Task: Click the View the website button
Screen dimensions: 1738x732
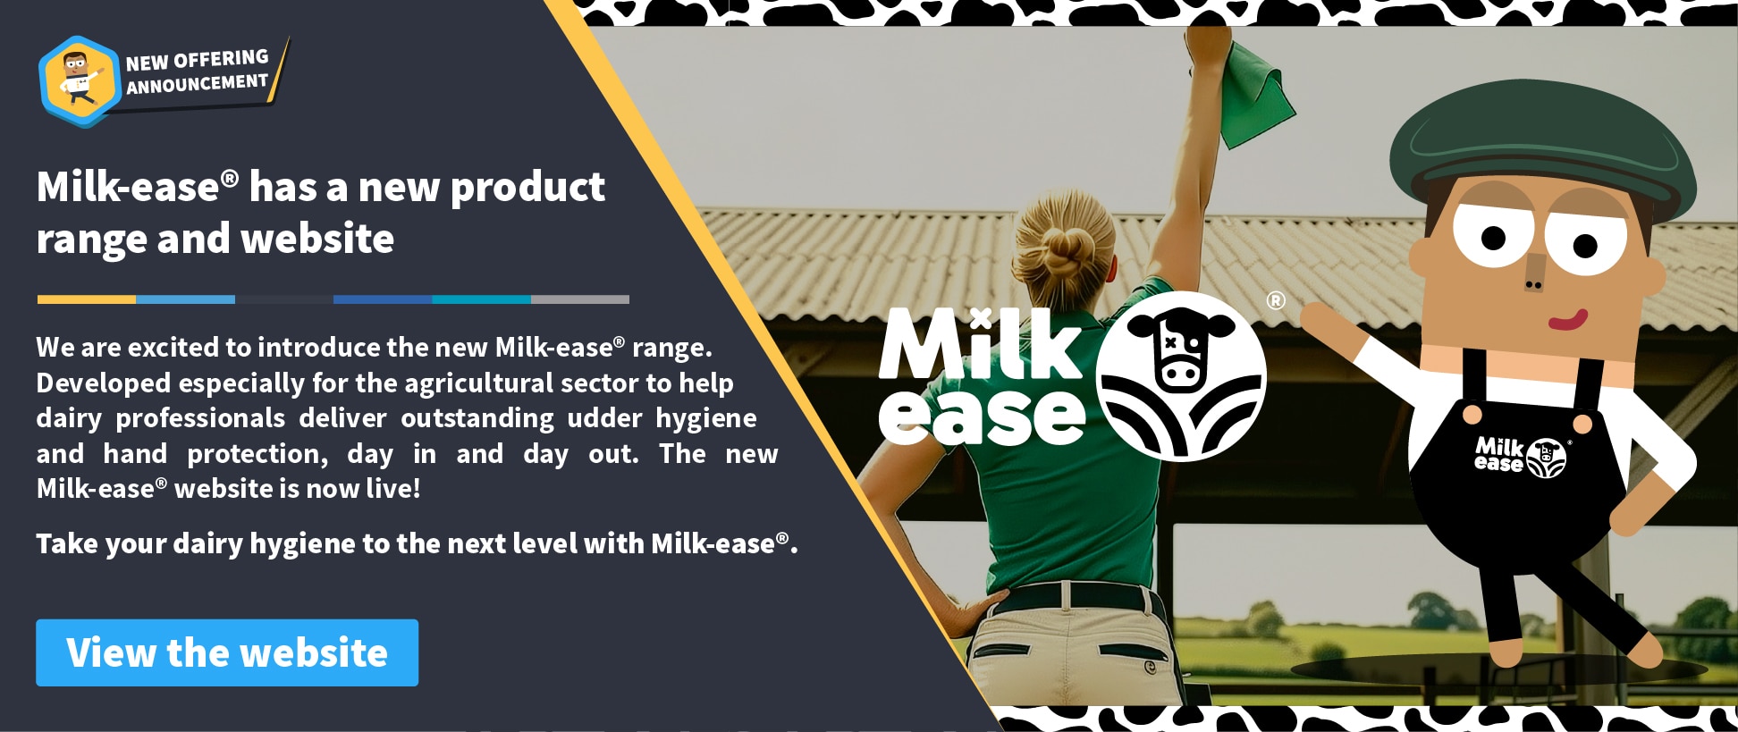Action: pos(227,652)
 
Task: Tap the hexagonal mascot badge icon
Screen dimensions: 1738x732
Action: pos(80,81)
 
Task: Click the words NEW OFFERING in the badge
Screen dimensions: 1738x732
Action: pos(197,61)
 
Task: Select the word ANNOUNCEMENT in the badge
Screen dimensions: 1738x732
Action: pos(197,84)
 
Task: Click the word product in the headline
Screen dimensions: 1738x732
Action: pos(527,188)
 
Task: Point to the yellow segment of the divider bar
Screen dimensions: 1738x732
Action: pos(87,299)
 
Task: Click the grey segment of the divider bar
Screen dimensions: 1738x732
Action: pos(580,299)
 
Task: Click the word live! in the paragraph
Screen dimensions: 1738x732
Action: pos(393,488)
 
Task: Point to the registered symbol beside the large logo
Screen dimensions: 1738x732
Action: pos(1276,301)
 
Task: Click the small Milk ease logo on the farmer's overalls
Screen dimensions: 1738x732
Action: pos(1521,456)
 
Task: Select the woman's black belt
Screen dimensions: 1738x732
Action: pos(1068,597)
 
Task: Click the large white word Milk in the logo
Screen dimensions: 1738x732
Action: pos(981,344)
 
